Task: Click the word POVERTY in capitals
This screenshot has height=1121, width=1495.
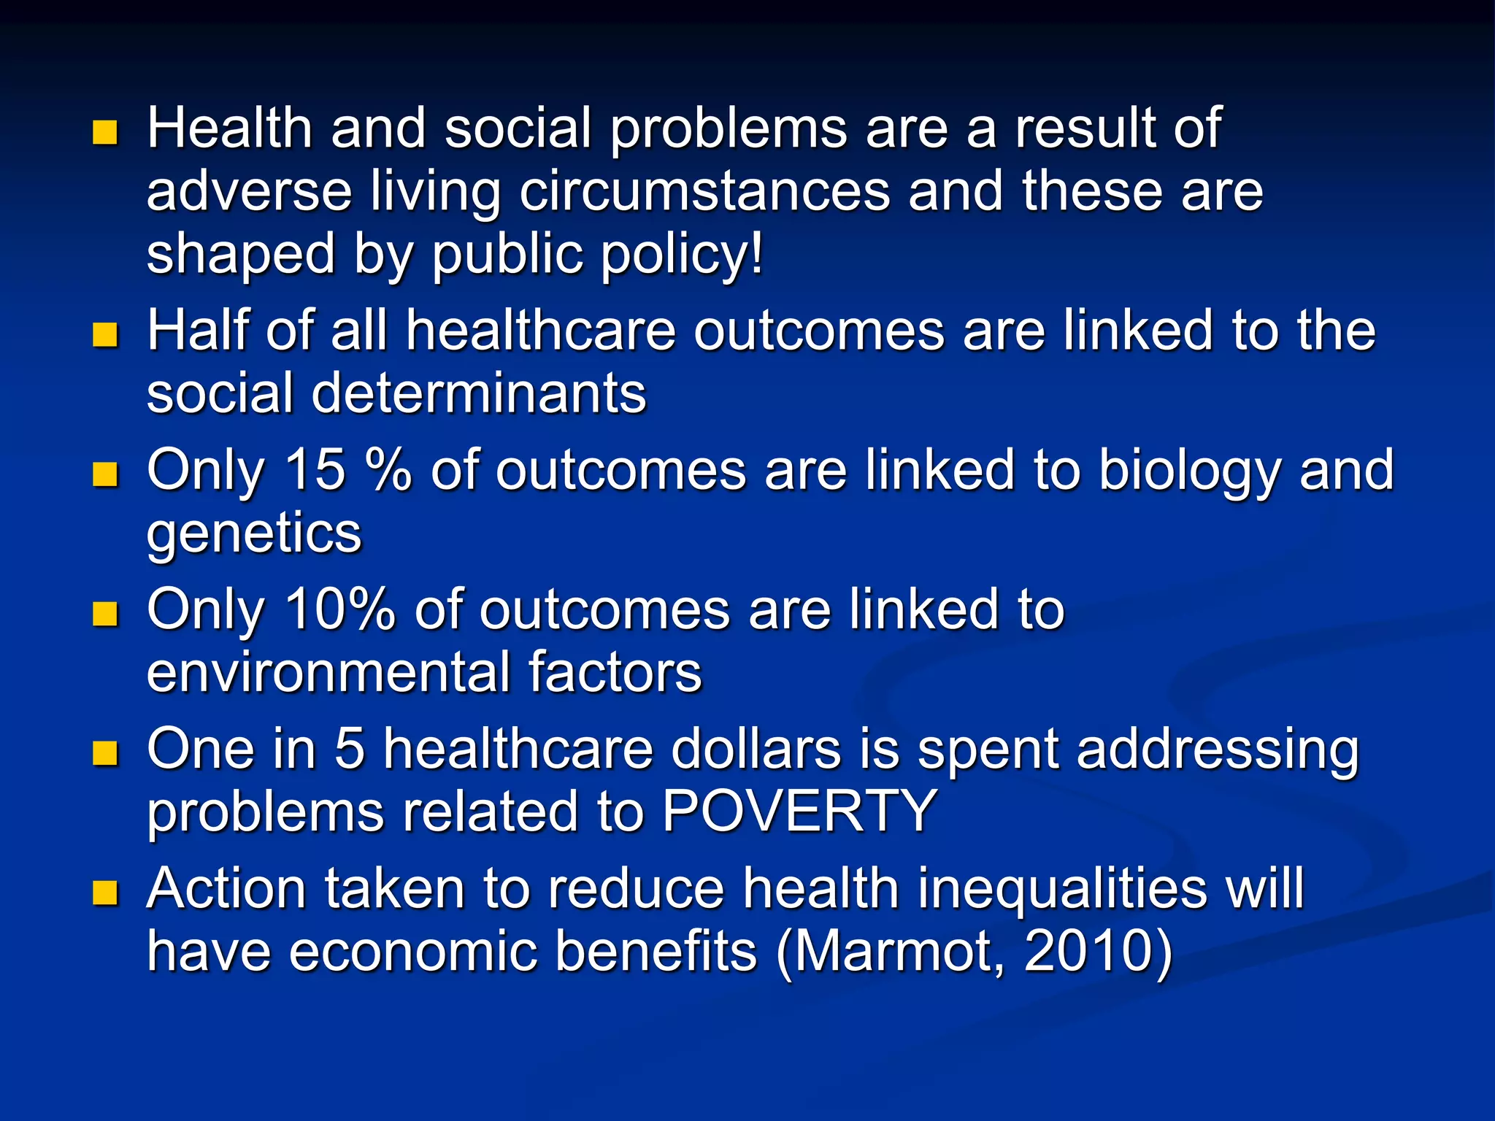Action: (799, 812)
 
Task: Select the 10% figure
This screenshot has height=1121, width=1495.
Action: (340, 609)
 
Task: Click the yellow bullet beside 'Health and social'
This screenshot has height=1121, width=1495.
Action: (106, 133)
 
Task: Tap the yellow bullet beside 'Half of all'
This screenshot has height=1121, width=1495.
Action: (106, 335)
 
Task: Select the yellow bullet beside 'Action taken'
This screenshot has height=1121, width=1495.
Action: (106, 893)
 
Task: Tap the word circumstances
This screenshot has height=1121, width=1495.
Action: (704, 191)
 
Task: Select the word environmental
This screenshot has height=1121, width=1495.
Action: (328, 672)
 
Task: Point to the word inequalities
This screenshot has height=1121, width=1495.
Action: (1062, 890)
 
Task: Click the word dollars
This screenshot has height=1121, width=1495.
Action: (756, 750)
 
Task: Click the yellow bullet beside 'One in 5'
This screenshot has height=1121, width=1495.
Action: (106, 753)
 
